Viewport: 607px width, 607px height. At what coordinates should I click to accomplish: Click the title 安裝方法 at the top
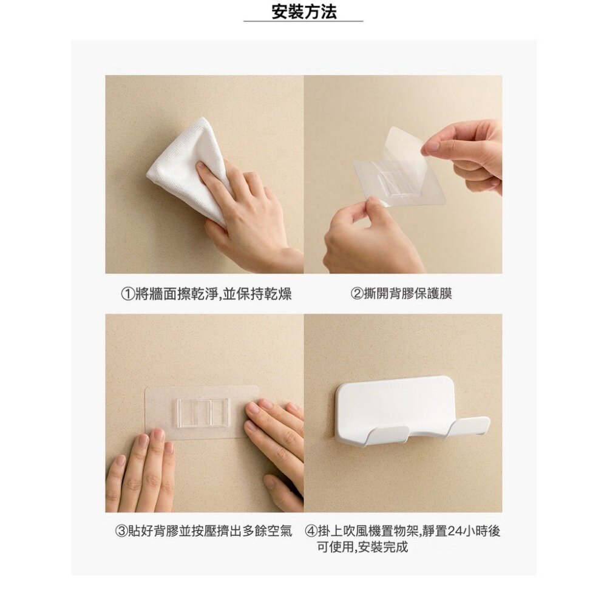point(303,11)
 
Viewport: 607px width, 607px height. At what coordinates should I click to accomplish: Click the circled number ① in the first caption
point(127,294)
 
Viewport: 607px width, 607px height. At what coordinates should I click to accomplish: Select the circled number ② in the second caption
point(357,294)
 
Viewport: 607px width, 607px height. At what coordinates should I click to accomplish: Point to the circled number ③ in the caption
point(121,531)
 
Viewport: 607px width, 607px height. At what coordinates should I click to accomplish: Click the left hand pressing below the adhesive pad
point(143,473)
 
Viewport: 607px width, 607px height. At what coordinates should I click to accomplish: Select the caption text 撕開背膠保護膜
point(408,294)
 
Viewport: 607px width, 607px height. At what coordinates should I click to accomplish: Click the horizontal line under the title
point(303,21)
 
